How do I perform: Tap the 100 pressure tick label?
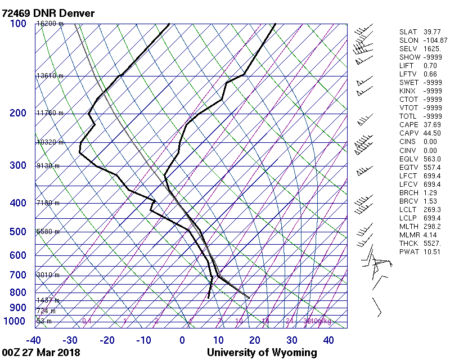(18, 23)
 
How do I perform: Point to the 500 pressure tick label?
(18, 232)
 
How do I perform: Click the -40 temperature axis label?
(34, 340)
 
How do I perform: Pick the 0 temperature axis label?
(182, 340)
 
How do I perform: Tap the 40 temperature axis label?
(328, 340)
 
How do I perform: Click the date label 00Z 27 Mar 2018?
(40, 353)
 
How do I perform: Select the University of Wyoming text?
(262, 353)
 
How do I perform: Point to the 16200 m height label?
(49, 24)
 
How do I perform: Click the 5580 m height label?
(48, 232)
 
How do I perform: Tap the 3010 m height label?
(48, 275)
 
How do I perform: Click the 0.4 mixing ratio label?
(87, 321)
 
